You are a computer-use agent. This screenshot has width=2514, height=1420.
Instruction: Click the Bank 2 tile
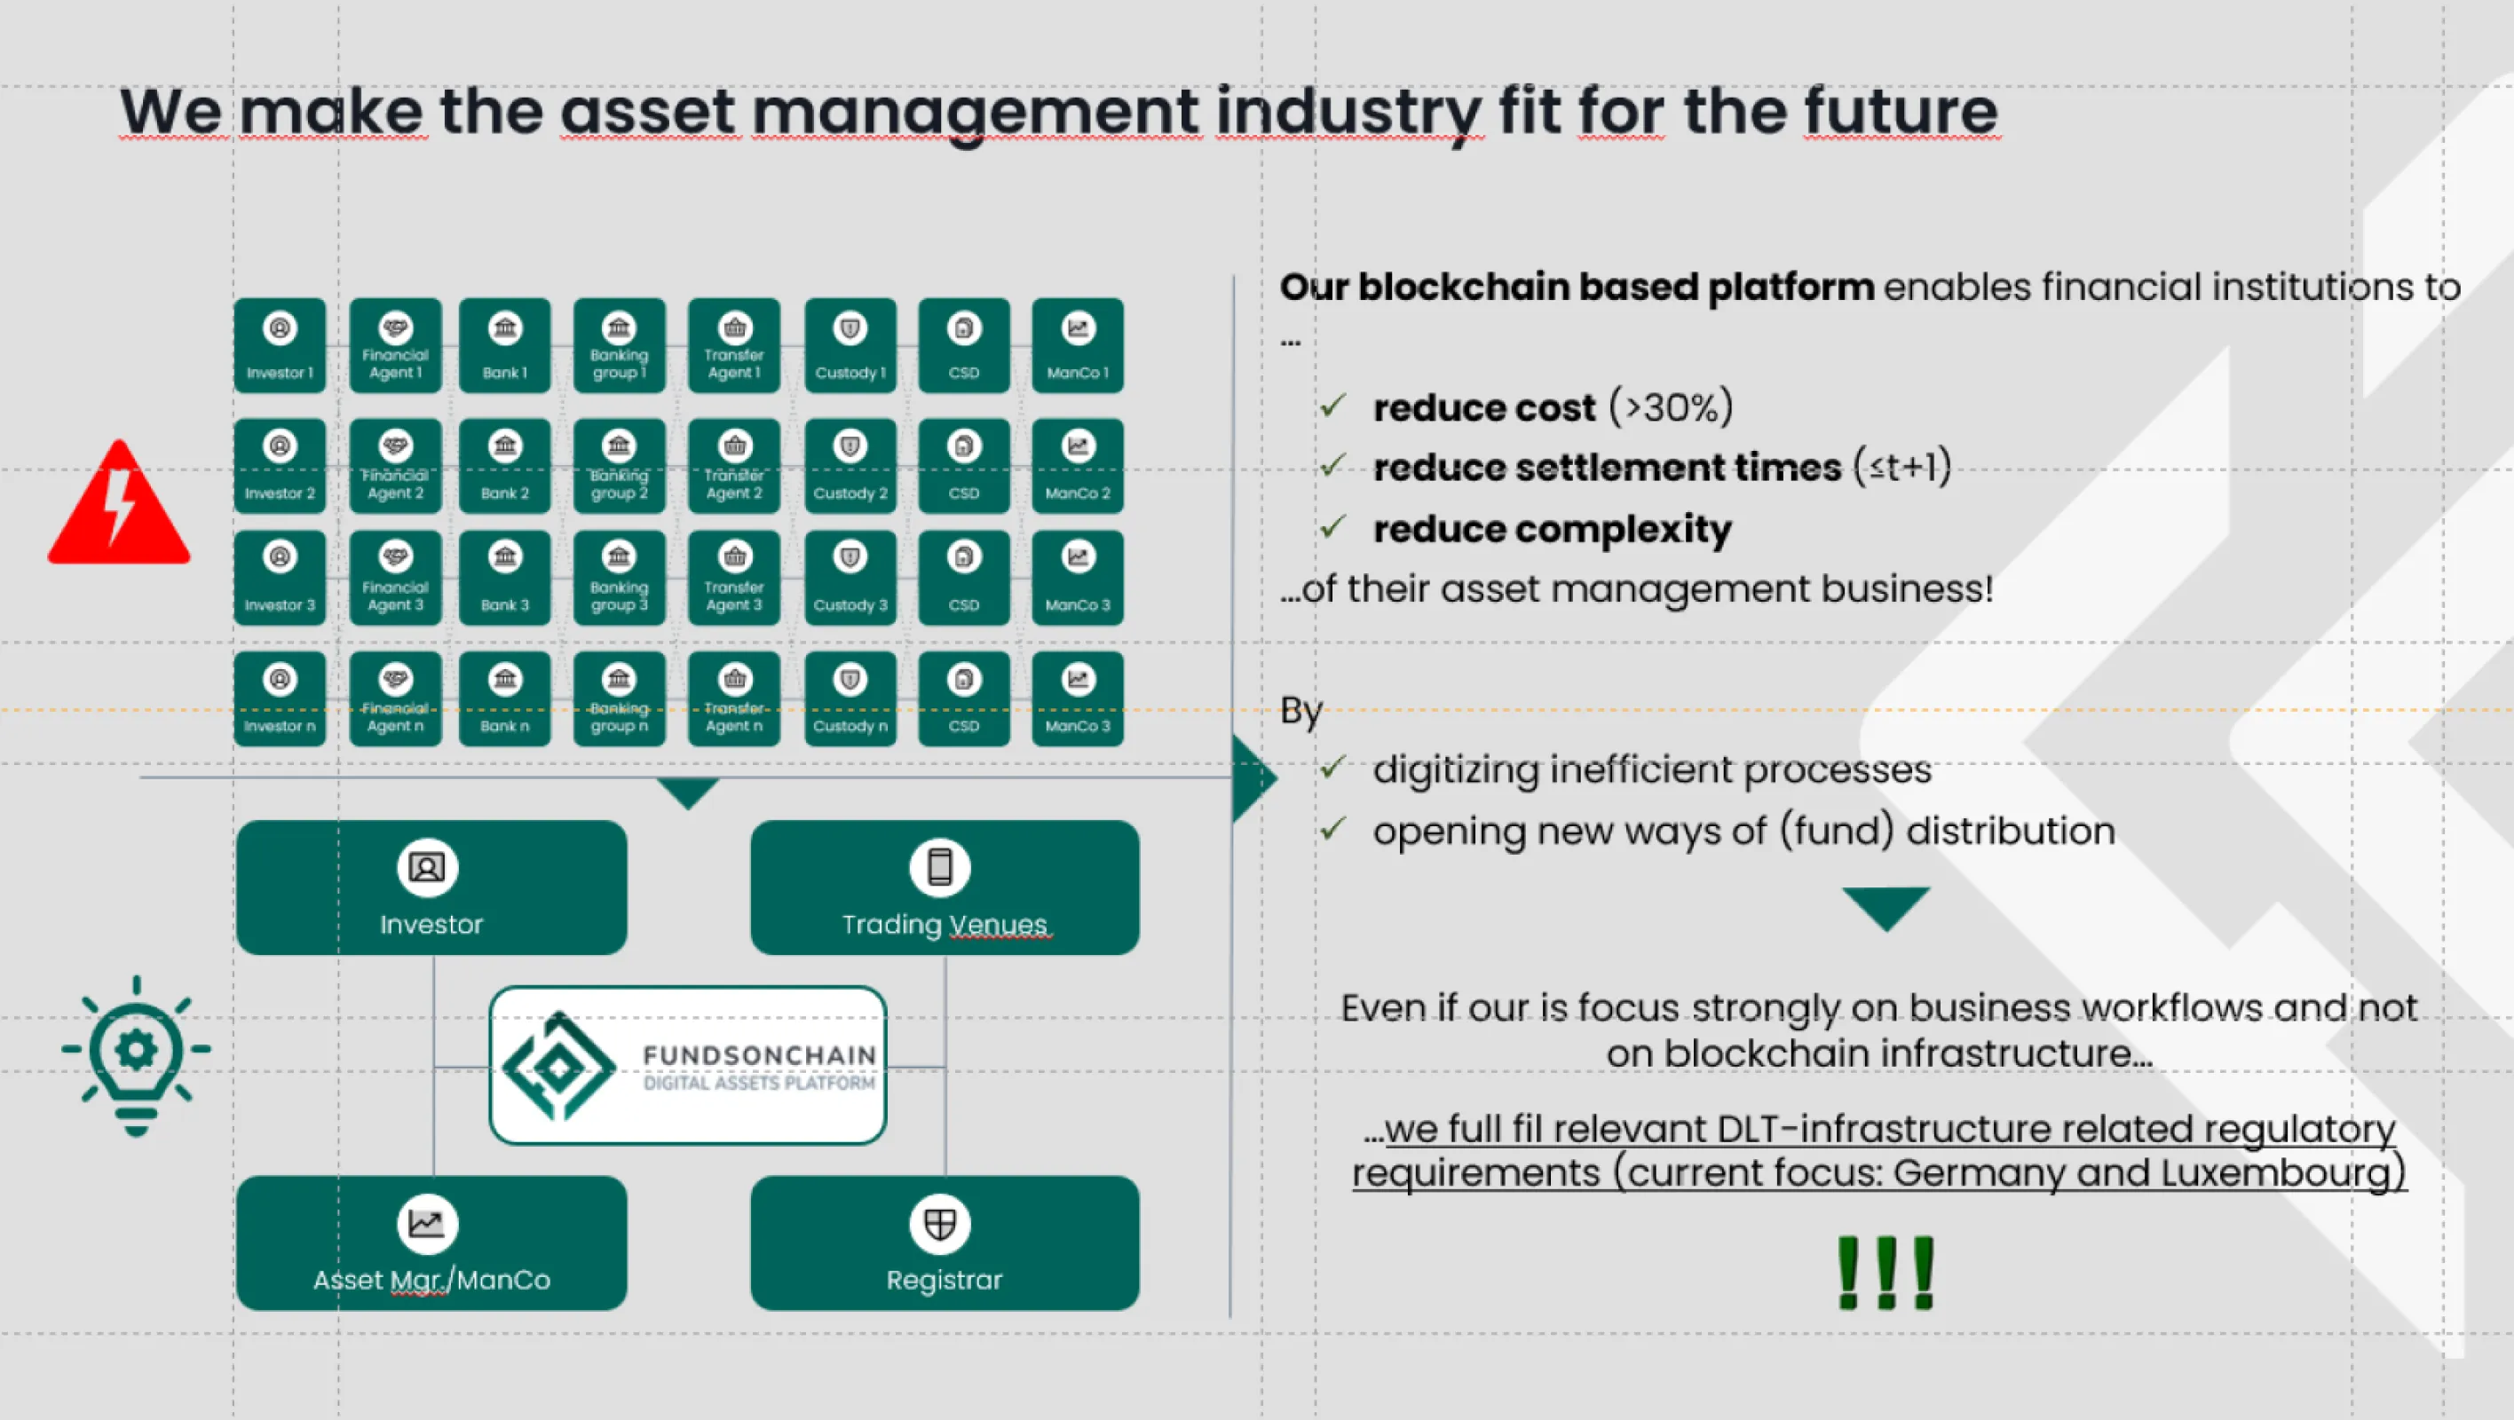click(504, 467)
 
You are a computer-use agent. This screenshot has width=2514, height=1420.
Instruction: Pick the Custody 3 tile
click(850, 578)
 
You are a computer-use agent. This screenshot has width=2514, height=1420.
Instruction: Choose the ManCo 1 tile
click(1078, 346)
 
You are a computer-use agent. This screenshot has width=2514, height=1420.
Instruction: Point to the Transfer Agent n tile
click(734, 698)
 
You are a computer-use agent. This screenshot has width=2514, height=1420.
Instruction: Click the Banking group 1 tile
click(619, 346)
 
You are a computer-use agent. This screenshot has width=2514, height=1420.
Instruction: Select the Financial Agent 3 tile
click(395, 578)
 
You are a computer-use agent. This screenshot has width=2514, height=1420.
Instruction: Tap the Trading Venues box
click(944, 887)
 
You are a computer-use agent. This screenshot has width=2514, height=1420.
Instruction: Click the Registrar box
click(944, 1242)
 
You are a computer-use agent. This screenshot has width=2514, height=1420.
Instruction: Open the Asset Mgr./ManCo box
click(431, 1242)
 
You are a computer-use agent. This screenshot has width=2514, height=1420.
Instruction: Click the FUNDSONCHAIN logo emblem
click(558, 1066)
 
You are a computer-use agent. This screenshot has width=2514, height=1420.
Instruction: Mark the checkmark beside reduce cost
click(1333, 405)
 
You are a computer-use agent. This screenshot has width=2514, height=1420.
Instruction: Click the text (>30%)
click(1671, 407)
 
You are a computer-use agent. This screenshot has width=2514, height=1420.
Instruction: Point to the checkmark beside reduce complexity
click(1333, 527)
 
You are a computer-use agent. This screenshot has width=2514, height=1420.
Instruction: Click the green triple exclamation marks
click(1885, 1273)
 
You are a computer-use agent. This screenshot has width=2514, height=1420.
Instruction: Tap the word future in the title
click(1900, 111)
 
